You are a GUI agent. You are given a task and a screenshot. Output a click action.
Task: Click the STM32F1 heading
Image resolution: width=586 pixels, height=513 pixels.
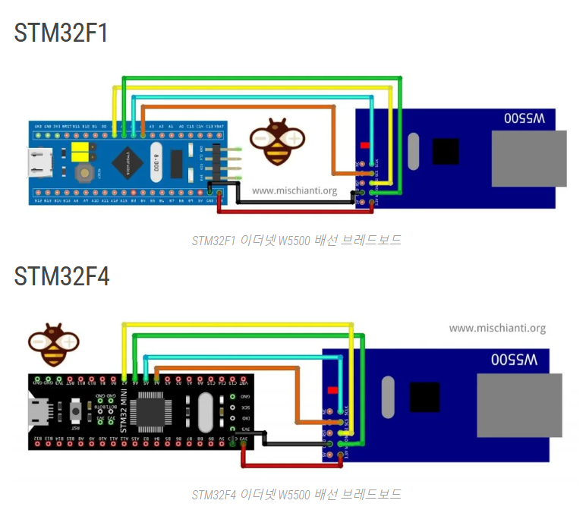(x=61, y=33)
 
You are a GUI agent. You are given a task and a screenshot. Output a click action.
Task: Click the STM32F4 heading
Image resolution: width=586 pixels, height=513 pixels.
(x=61, y=277)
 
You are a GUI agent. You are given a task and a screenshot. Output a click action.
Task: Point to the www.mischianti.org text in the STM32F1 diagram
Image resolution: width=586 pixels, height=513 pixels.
(x=295, y=191)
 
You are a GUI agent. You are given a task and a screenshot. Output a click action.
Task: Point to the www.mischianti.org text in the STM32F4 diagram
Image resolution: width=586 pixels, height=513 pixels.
(x=497, y=329)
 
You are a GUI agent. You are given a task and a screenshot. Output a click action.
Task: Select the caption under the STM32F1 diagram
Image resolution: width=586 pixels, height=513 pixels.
(x=296, y=241)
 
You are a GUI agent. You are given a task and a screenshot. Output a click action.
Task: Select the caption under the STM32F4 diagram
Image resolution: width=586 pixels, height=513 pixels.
(x=296, y=495)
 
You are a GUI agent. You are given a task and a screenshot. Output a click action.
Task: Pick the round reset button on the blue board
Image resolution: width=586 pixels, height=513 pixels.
(x=85, y=173)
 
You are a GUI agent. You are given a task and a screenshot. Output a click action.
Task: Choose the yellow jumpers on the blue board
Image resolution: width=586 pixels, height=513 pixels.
(x=81, y=151)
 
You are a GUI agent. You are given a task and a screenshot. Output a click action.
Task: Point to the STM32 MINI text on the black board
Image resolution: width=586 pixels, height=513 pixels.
(x=134, y=411)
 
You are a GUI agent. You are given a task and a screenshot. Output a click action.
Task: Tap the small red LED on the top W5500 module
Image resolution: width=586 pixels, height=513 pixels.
(x=365, y=145)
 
